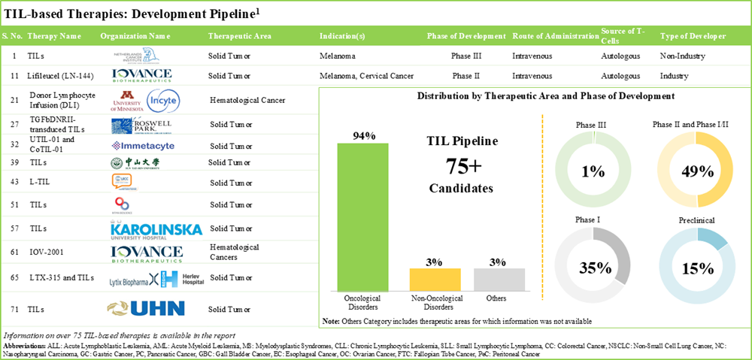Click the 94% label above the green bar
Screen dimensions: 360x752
pyautogui.click(x=363, y=135)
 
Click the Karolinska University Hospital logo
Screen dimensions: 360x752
pyautogui.click(x=146, y=228)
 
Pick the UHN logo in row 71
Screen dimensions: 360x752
pyautogui.click(x=147, y=308)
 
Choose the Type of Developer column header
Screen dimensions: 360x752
pyautogui.click(x=693, y=36)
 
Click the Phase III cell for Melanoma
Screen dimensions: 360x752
pyautogui.click(x=467, y=56)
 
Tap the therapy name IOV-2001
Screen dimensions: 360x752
pyautogui.click(x=45, y=252)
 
